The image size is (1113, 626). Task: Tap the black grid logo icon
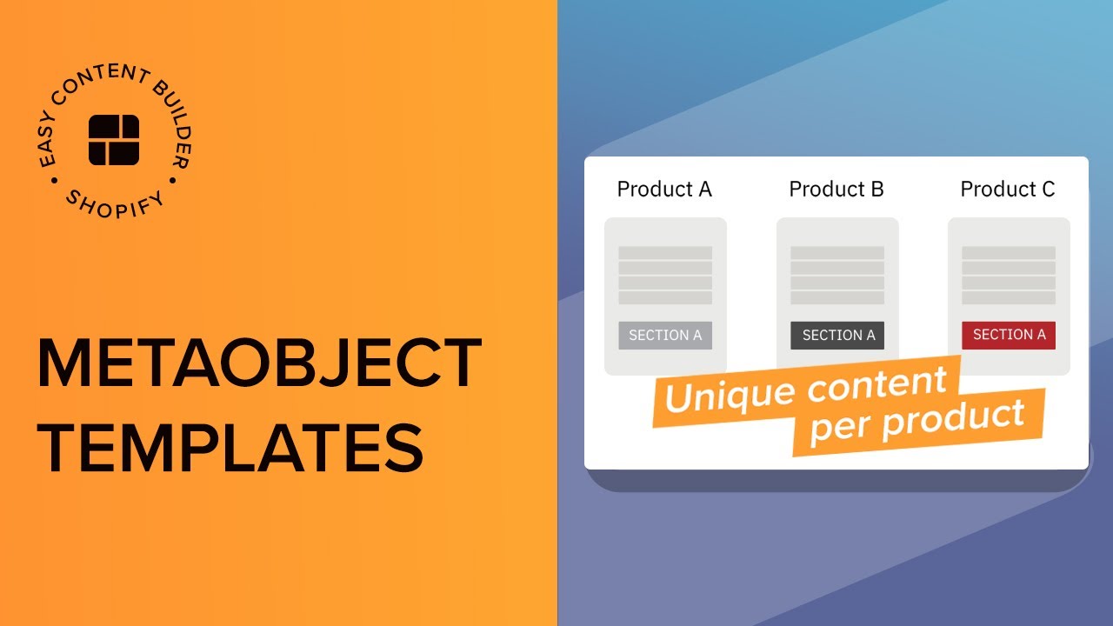click(x=114, y=139)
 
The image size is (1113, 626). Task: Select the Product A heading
click(x=664, y=189)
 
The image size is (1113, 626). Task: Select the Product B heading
click(x=836, y=189)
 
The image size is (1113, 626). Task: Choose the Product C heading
click(x=1008, y=189)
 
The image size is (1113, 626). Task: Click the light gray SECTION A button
click(x=665, y=336)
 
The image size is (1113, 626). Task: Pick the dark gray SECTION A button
click(x=837, y=336)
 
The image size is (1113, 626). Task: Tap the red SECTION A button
click(x=1009, y=335)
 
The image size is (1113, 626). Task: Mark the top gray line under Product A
click(x=665, y=253)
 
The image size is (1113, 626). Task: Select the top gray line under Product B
click(x=837, y=253)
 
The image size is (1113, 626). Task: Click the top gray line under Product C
click(x=1009, y=253)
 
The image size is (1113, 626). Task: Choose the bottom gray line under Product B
click(x=837, y=298)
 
